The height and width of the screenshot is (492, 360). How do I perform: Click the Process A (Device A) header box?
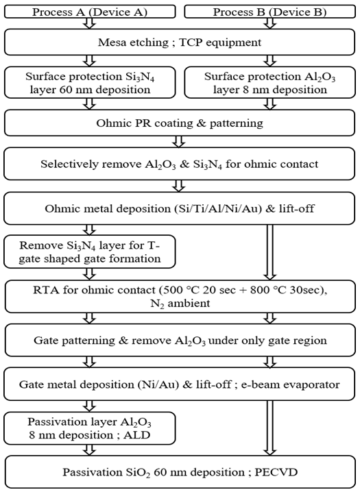[90, 12]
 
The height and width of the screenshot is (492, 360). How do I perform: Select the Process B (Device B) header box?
[270, 12]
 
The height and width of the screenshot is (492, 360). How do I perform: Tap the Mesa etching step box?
[179, 42]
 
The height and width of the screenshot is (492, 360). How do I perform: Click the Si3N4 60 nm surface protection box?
[90, 82]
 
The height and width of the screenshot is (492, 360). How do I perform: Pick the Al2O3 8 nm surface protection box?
[270, 82]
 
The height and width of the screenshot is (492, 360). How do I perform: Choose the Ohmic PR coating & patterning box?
[179, 123]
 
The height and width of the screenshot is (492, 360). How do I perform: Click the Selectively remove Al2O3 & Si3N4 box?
[179, 164]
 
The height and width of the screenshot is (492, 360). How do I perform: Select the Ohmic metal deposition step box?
[179, 208]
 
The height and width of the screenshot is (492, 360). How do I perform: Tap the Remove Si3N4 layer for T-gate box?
[90, 251]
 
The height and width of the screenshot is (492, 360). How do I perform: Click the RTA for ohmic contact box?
[180, 296]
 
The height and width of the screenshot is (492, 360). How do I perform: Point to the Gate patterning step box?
[180, 340]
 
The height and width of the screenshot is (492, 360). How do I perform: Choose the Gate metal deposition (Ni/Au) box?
[180, 384]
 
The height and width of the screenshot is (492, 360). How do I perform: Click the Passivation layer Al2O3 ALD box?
[90, 428]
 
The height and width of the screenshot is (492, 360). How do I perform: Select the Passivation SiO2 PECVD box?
[180, 471]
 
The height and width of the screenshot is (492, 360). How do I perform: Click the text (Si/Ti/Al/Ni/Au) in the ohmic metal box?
[218, 209]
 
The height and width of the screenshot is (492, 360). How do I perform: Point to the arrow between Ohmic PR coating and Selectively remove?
[179, 142]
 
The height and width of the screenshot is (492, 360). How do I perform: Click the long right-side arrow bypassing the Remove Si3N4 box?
[270, 252]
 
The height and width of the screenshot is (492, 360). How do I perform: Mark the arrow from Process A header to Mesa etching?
[90, 23]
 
